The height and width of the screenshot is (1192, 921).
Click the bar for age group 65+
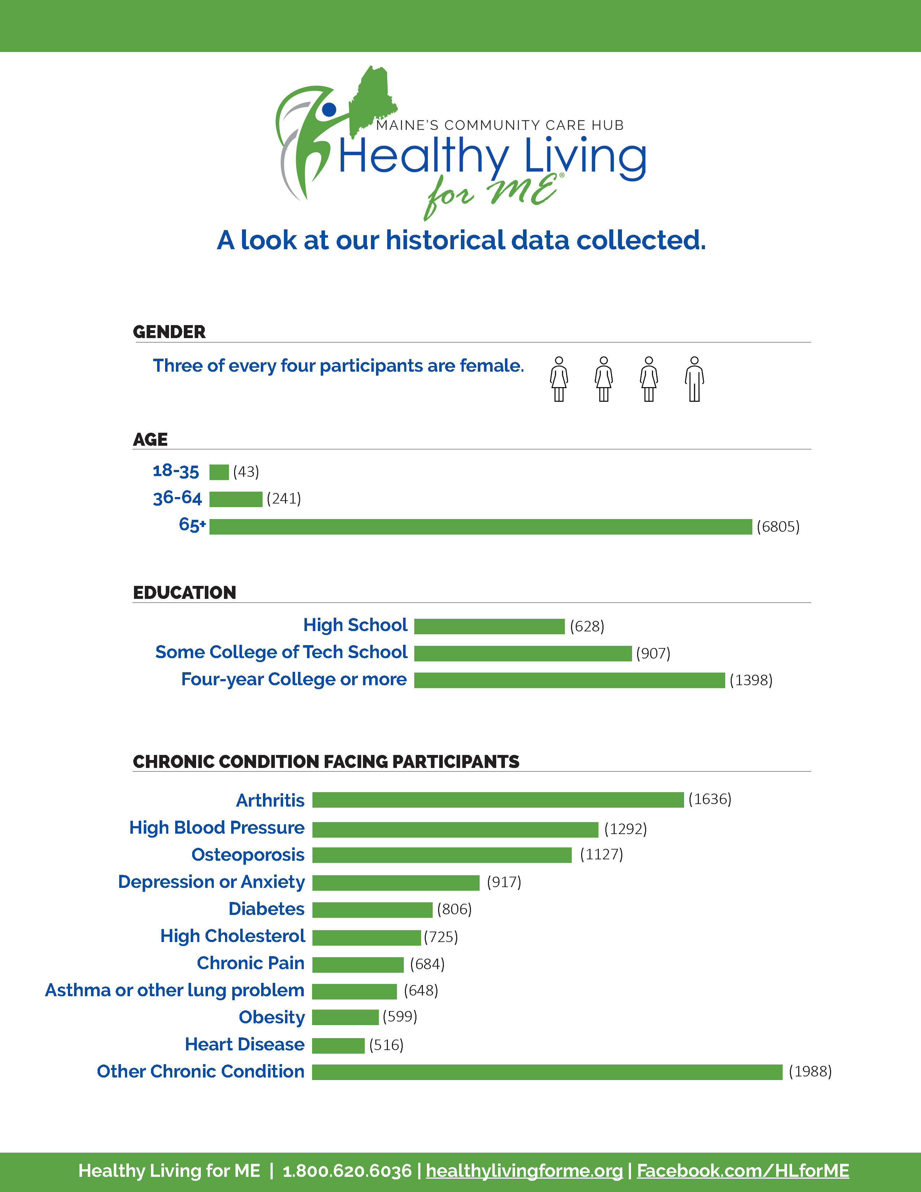[481, 527]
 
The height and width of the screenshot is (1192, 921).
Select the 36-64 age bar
[236, 499]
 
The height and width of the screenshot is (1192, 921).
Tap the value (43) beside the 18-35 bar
[246, 471]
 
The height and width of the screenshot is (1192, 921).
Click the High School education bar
[489, 626]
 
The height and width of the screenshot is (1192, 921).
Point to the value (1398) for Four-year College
[751, 680]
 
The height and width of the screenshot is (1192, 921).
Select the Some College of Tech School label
[282, 652]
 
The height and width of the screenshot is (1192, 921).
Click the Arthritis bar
[498, 800]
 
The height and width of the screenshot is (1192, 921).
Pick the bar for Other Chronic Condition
[547, 1072]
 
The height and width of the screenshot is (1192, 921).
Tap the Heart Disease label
[245, 1044]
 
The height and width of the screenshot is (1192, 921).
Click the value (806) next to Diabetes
[454, 909]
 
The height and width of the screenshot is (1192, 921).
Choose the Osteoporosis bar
[442, 855]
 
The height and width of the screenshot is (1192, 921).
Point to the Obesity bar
[345, 1017]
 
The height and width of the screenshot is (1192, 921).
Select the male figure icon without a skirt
[695, 379]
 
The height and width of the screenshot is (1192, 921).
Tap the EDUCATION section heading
[185, 593]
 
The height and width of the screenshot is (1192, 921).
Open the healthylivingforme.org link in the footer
[524, 1171]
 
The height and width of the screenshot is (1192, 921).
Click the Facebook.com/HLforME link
[743, 1171]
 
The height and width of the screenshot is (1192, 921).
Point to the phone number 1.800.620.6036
[347, 1171]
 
